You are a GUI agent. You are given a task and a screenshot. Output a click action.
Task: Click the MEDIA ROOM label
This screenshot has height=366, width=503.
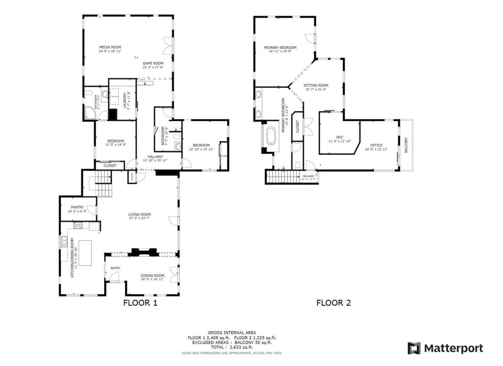(x=110, y=47)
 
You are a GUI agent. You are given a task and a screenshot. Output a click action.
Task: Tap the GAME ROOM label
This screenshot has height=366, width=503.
(x=153, y=63)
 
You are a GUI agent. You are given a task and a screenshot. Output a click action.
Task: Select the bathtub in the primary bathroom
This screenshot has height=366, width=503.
(x=271, y=136)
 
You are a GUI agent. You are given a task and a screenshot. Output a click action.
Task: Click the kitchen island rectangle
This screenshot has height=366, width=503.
(x=85, y=253)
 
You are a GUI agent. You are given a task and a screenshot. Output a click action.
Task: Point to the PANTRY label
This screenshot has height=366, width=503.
(x=77, y=207)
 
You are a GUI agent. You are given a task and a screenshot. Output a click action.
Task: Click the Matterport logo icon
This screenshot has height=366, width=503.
(x=414, y=348)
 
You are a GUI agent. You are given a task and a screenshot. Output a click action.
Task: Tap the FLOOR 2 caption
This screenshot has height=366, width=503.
(x=333, y=303)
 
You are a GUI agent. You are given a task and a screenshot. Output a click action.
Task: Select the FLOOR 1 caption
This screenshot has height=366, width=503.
(x=140, y=303)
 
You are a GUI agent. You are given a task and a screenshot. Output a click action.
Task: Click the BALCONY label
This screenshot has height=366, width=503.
(x=406, y=145)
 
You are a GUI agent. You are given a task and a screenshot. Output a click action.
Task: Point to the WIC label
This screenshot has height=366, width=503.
(x=340, y=137)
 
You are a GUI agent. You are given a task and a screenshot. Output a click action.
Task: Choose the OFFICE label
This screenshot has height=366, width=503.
(x=376, y=145)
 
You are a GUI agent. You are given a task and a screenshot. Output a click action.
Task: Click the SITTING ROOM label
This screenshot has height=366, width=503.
(x=316, y=85)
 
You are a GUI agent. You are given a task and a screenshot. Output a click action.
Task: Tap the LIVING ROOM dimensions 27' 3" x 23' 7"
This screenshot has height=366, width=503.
(x=139, y=218)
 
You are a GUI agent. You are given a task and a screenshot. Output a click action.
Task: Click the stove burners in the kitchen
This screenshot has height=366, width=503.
(x=78, y=225)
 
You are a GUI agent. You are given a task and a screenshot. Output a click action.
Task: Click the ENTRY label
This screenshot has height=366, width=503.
(x=115, y=268)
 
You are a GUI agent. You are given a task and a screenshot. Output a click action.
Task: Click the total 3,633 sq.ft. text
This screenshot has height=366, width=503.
(x=232, y=347)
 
